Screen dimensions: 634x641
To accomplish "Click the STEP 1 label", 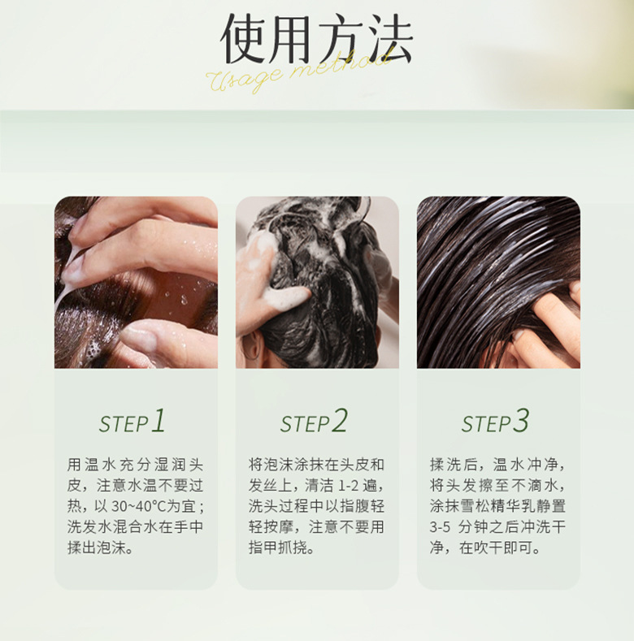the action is tap(132, 421).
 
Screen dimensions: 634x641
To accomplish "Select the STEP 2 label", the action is tap(314, 421).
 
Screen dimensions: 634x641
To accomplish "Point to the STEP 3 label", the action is tap(495, 421).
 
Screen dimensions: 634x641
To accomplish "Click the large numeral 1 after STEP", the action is tap(158, 420).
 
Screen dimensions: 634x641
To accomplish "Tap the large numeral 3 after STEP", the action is tap(521, 420).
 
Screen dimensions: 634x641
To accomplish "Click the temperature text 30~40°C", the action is tap(139, 506).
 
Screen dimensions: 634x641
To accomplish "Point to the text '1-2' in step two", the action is tap(348, 486).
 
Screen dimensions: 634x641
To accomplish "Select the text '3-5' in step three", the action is tap(440, 527).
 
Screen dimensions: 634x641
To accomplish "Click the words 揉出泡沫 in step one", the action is tap(96, 548).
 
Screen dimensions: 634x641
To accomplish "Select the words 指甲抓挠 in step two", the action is tap(278, 548).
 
